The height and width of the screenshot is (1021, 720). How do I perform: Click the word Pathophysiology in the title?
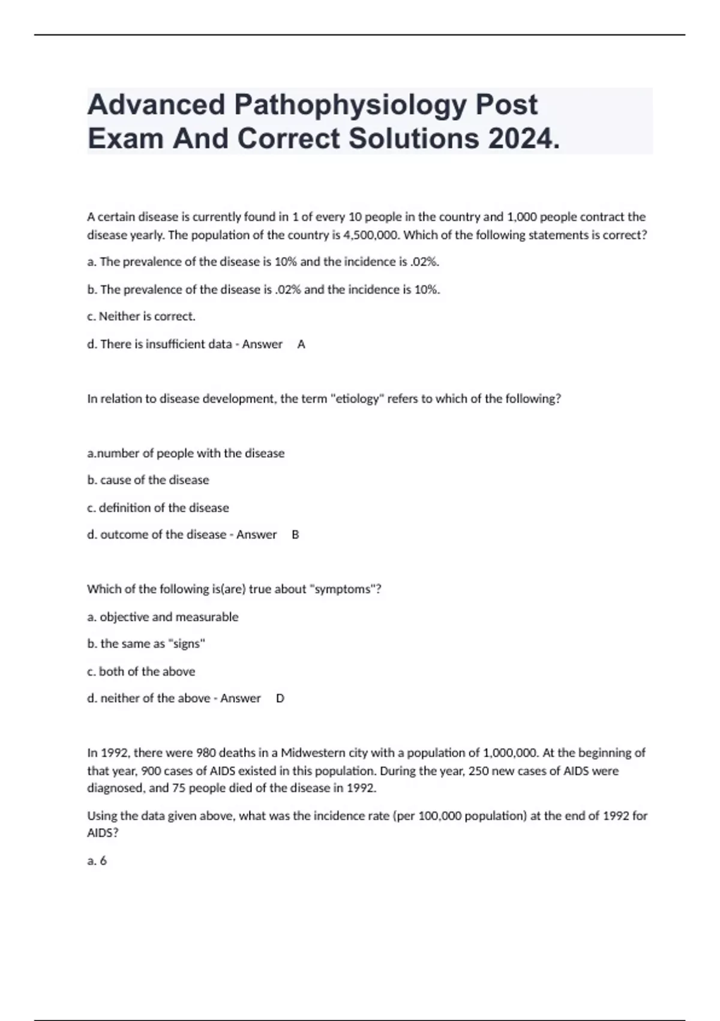[350, 105]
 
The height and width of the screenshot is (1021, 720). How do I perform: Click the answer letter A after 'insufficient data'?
[301, 344]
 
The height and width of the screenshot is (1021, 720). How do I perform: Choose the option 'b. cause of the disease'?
[148, 480]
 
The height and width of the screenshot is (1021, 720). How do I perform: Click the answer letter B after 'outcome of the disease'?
[295, 535]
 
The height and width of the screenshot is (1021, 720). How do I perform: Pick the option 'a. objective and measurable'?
[163, 617]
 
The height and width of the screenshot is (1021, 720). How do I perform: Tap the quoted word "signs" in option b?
[187, 644]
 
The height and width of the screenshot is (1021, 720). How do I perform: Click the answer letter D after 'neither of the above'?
[280, 698]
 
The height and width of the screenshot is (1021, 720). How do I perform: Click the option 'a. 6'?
[97, 861]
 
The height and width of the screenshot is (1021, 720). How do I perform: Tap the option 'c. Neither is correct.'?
[141, 316]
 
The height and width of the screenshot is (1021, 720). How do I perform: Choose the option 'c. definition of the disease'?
[158, 507]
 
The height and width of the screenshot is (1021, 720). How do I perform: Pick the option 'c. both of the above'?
[141, 671]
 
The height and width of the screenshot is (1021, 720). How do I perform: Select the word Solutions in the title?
[414, 139]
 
